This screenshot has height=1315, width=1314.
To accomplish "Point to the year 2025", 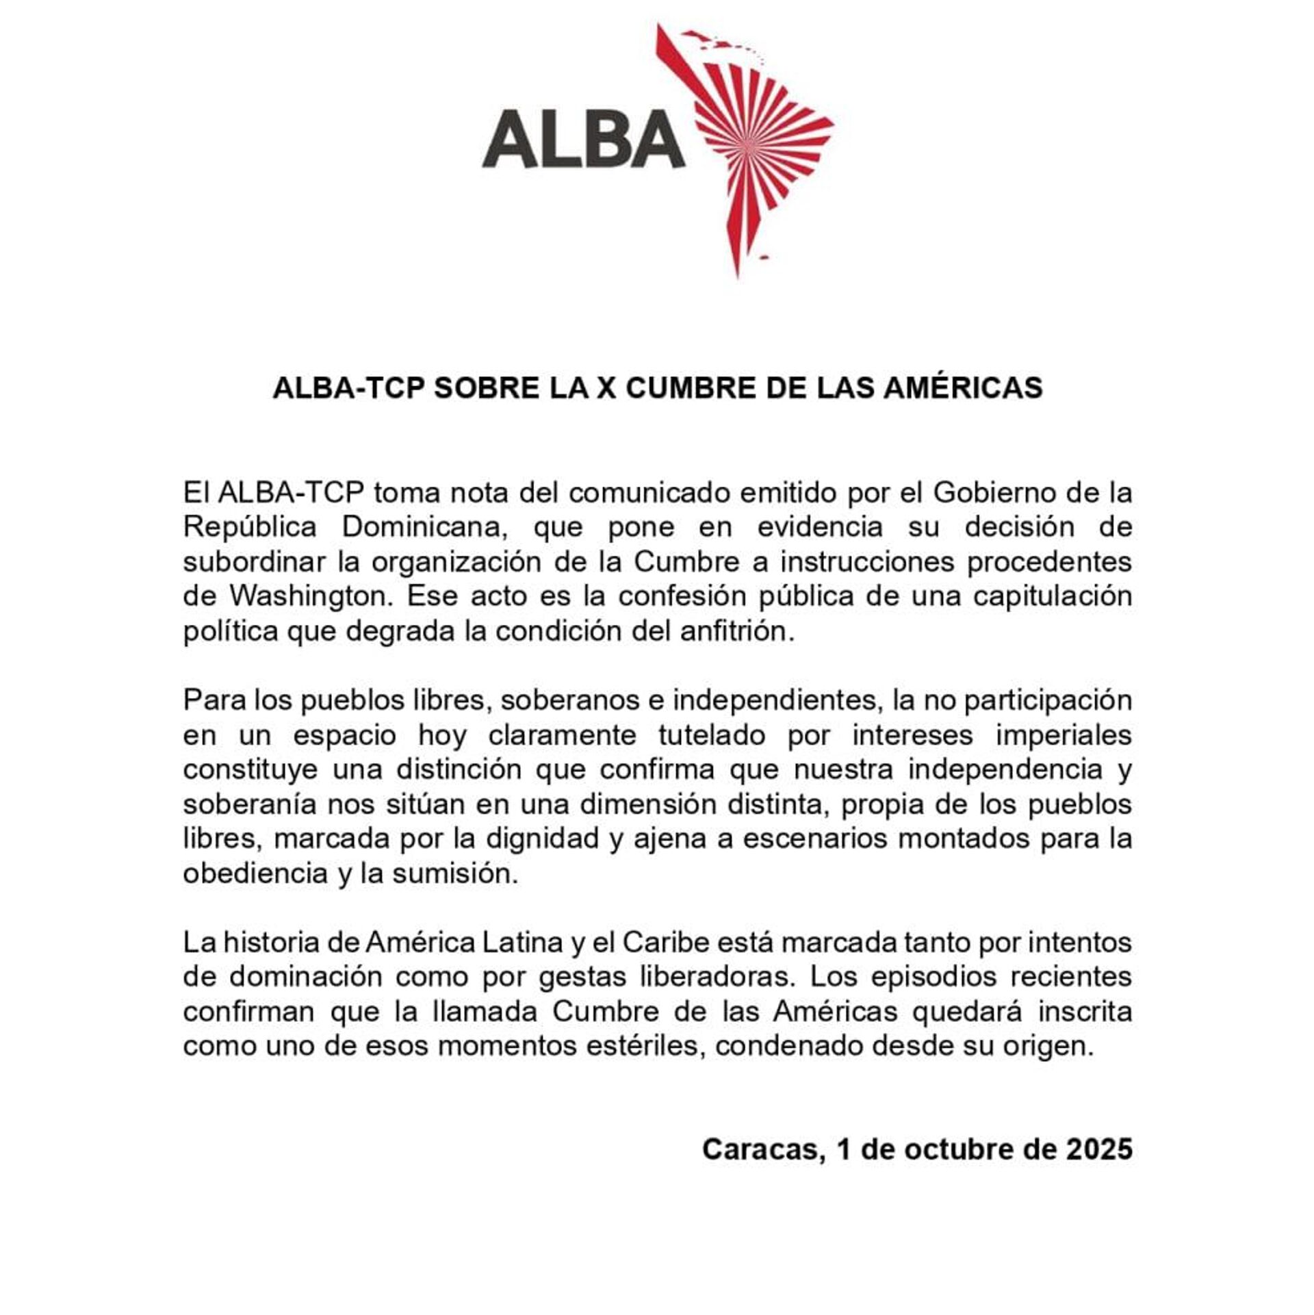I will click(1098, 1149).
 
